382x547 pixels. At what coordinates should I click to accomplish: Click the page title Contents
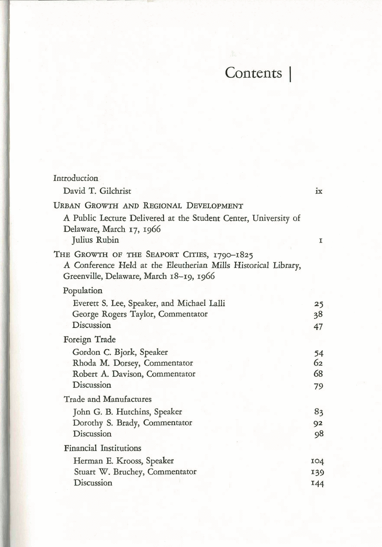pos(253,73)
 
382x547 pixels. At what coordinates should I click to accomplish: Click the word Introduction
pos(76,178)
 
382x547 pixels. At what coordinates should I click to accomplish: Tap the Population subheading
pos(83,291)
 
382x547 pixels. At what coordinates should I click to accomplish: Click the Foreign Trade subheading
pos(90,339)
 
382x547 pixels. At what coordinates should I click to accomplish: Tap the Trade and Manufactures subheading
pos(107,399)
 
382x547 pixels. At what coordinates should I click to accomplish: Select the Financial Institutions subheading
pos(102,448)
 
